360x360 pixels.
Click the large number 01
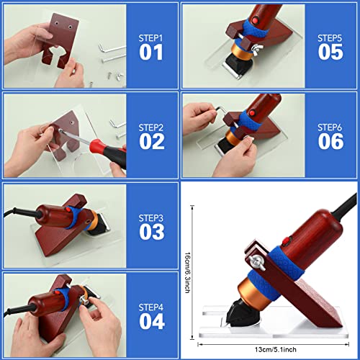(152, 52)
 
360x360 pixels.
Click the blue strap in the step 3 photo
(71, 214)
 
